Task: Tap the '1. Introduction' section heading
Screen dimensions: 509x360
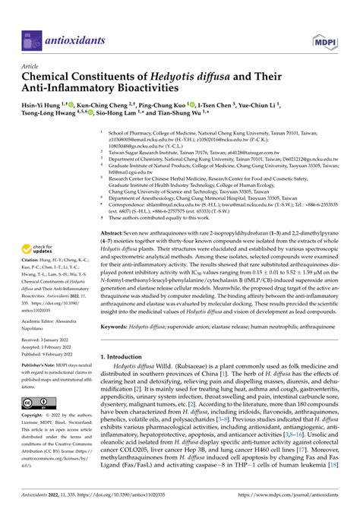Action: [x=127, y=355]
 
